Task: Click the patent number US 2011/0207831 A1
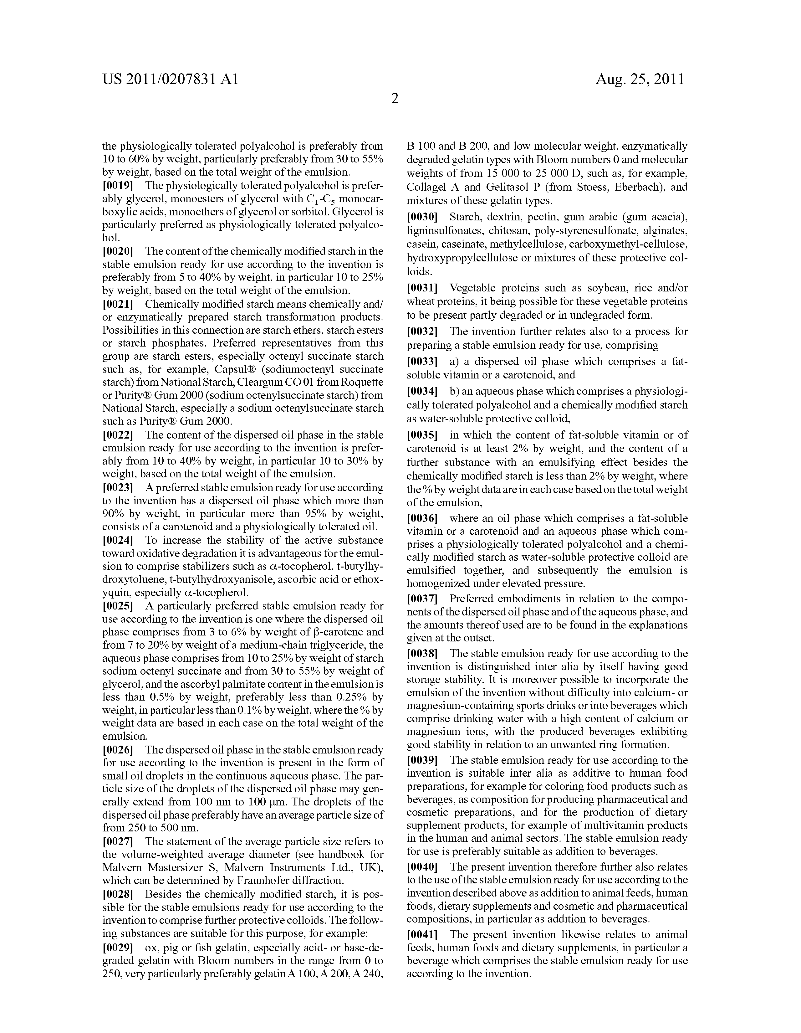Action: pyautogui.click(x=170, y=79)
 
